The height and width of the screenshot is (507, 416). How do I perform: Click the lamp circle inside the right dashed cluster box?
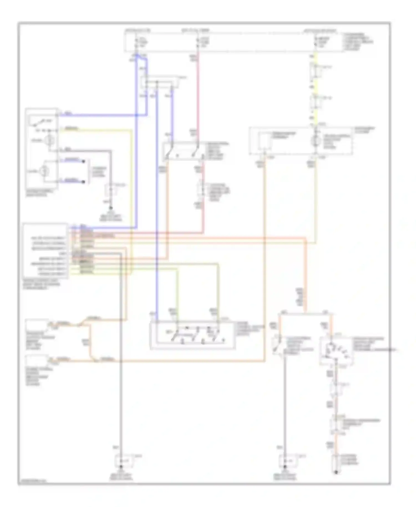[315, 141]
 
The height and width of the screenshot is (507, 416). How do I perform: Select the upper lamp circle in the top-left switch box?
[50, 140]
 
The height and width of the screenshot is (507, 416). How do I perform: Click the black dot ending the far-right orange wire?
[336, 472]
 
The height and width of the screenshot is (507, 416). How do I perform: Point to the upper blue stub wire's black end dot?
[83, 161]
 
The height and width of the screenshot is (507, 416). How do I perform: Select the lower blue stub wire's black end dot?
[83, 182]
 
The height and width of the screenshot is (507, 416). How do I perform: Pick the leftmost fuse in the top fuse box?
[136, 42]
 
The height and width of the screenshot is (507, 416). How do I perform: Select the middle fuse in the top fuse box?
[198, 42]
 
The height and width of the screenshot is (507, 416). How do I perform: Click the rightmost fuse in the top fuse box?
[315, 42]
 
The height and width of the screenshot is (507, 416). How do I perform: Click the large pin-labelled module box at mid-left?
[45, 251]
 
